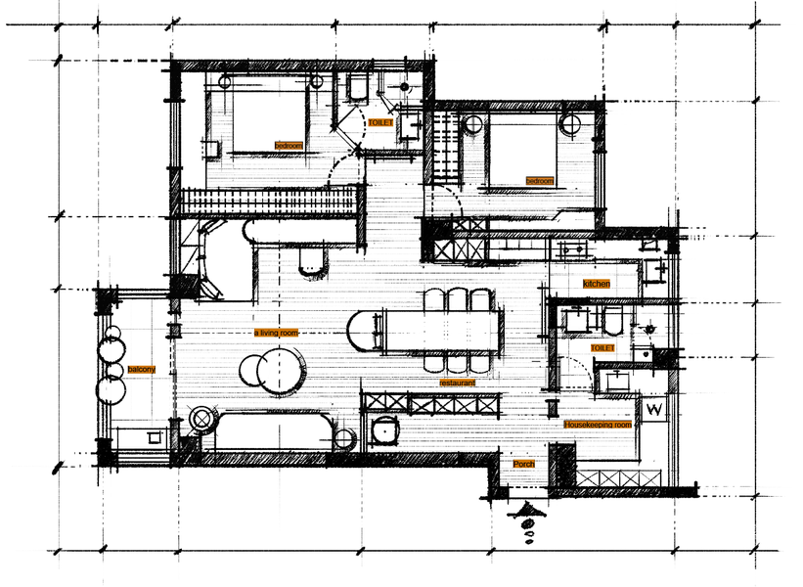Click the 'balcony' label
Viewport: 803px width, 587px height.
(142, 369)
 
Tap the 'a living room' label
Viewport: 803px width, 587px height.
(276, 333)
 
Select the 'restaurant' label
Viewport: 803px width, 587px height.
(458, 383)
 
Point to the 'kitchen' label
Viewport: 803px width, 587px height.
(597, 284)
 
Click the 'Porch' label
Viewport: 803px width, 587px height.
(524, 464)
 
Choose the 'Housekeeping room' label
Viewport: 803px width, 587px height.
(598, 425)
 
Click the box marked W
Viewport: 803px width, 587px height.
(654, 409)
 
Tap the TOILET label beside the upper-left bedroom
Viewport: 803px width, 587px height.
(381, 123)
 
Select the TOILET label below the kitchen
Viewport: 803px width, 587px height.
(602, 348)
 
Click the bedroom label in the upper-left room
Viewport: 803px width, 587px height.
(289, 146)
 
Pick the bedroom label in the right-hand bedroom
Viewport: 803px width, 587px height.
(540, 181)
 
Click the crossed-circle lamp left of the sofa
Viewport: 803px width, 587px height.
(201, 419)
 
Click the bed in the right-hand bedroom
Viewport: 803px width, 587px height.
(522, 152)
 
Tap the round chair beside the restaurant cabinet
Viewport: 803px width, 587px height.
(384, 430)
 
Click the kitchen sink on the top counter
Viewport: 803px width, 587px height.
(571, 248)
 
